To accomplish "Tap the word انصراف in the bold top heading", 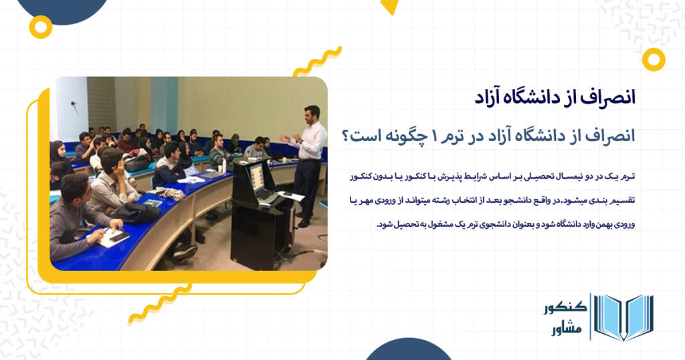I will point(605,95).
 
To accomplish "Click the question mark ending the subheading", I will point(347,135).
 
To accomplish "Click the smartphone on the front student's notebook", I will point(118,236).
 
